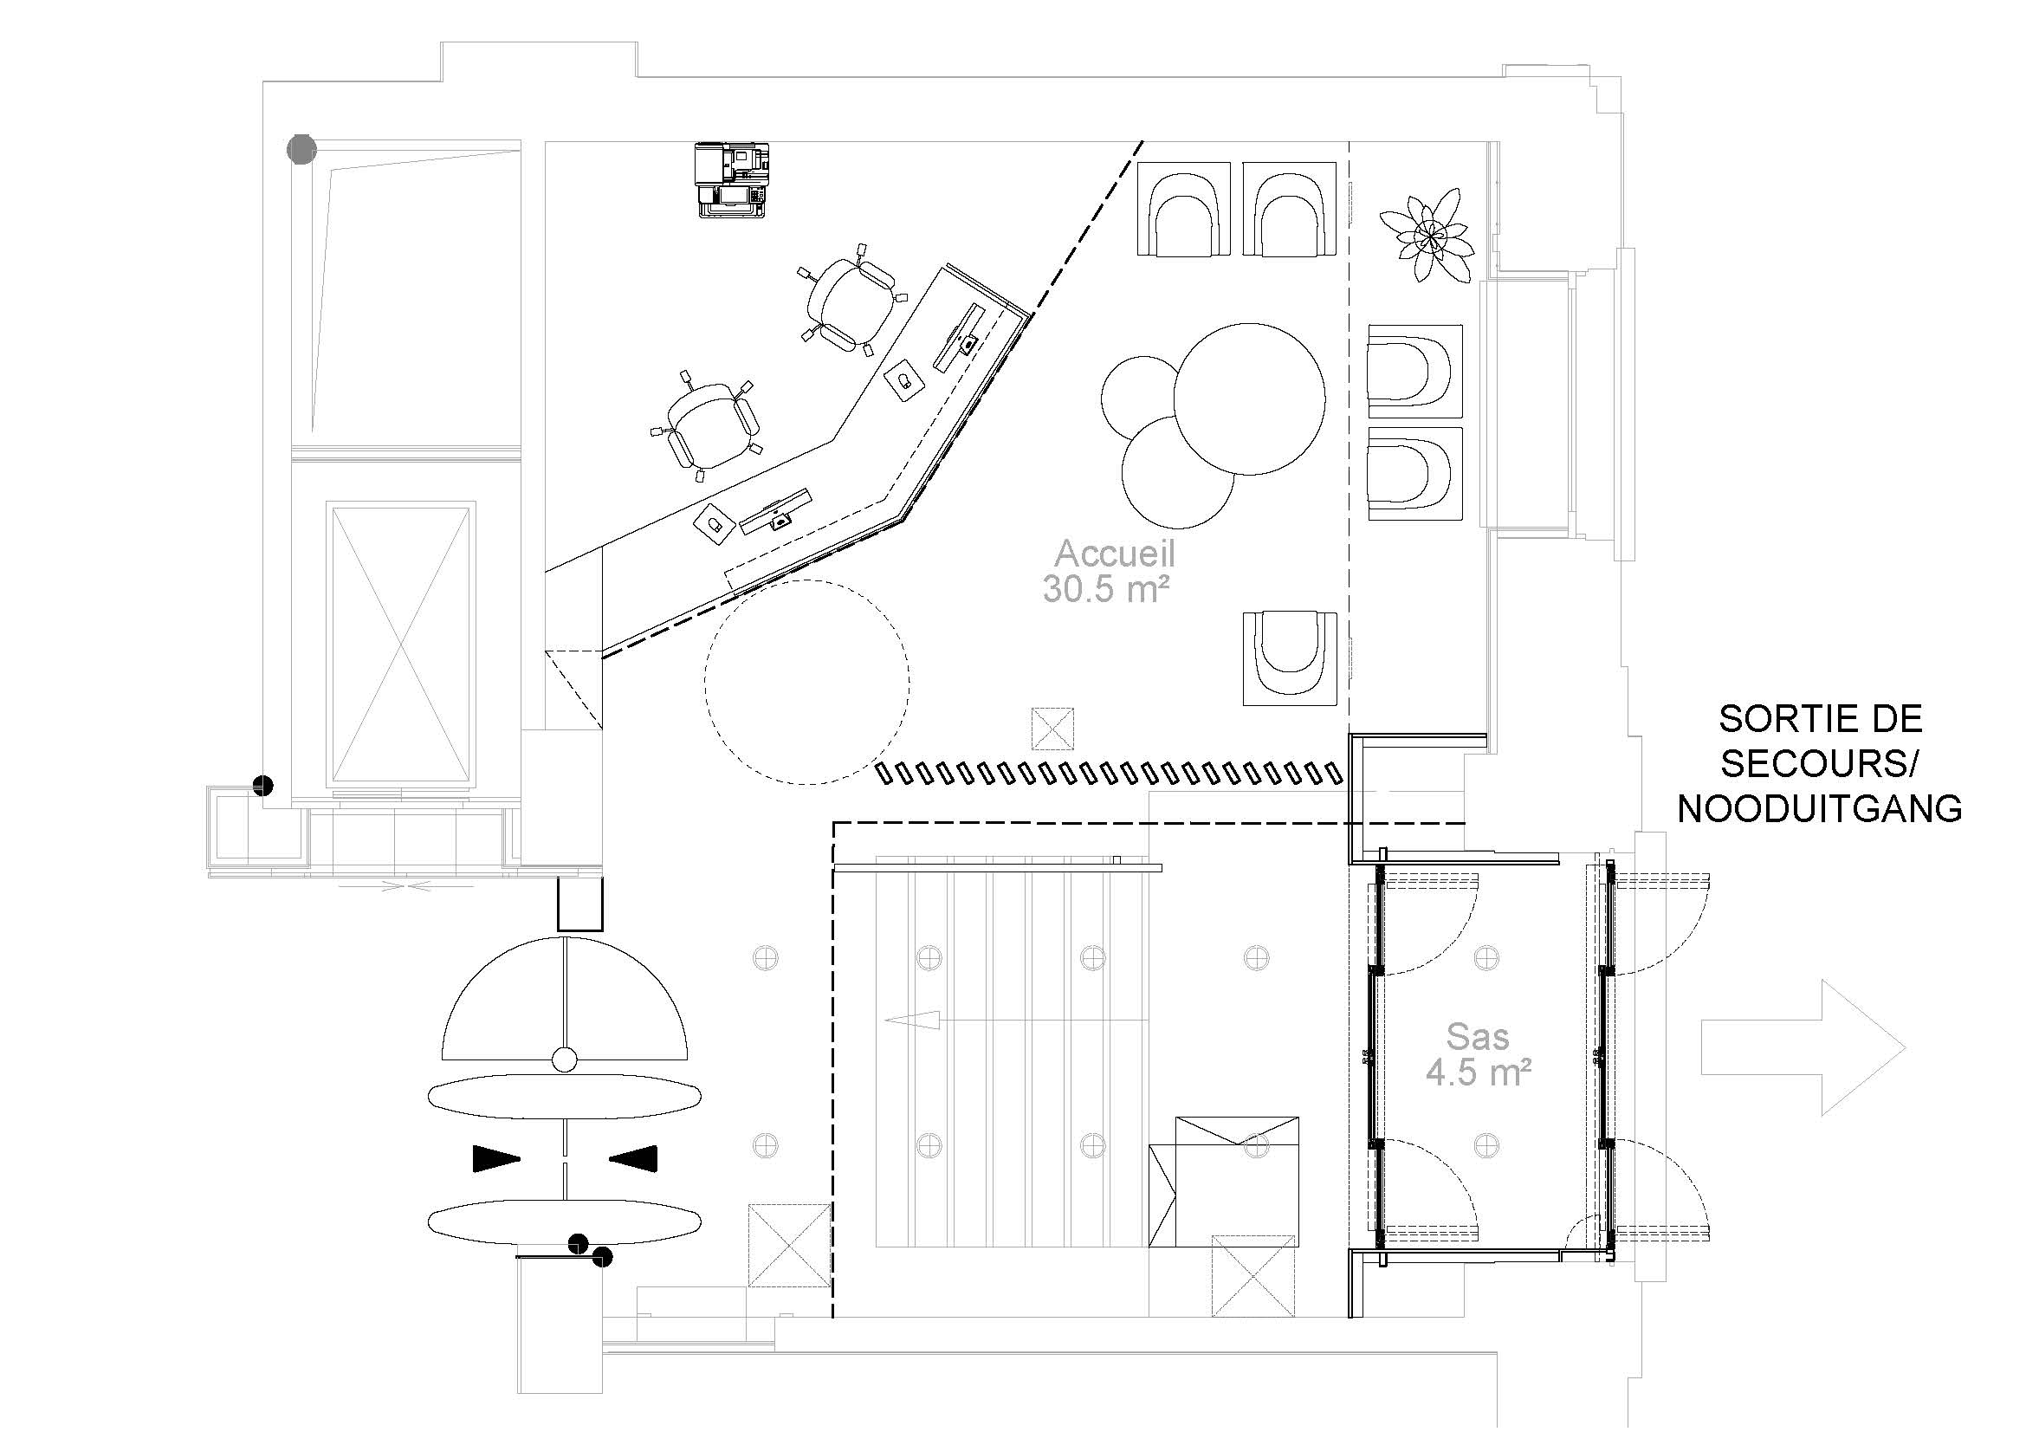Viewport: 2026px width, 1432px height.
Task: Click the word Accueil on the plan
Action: click(1116, 554)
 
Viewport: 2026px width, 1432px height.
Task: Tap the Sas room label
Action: click(1477, 1037)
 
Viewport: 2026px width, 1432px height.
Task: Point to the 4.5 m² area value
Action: click(1479, 1072)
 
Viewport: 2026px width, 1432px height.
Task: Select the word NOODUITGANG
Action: click(1820, 809)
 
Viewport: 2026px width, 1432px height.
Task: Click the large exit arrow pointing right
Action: click(1803, 1047)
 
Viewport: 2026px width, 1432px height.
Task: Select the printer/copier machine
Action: click(733, 180)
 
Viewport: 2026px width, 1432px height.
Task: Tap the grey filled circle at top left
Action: click(301, 149)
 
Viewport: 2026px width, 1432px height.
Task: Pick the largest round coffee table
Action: click(1249, 398)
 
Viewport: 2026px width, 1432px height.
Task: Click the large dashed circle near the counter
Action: click(807, 682)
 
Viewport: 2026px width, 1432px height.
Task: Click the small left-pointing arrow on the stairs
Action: click(911, 1021)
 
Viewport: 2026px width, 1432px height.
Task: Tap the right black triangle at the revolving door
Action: click(632, 1158)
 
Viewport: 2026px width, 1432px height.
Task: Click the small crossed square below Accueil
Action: click(1052, 729)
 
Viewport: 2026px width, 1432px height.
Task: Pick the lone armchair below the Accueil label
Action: click(1290, 658)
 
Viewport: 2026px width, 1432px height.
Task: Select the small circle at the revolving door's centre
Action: click(564, 1059)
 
